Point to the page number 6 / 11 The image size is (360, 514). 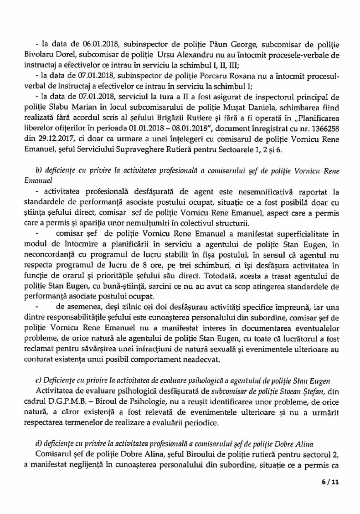[326, 494]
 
